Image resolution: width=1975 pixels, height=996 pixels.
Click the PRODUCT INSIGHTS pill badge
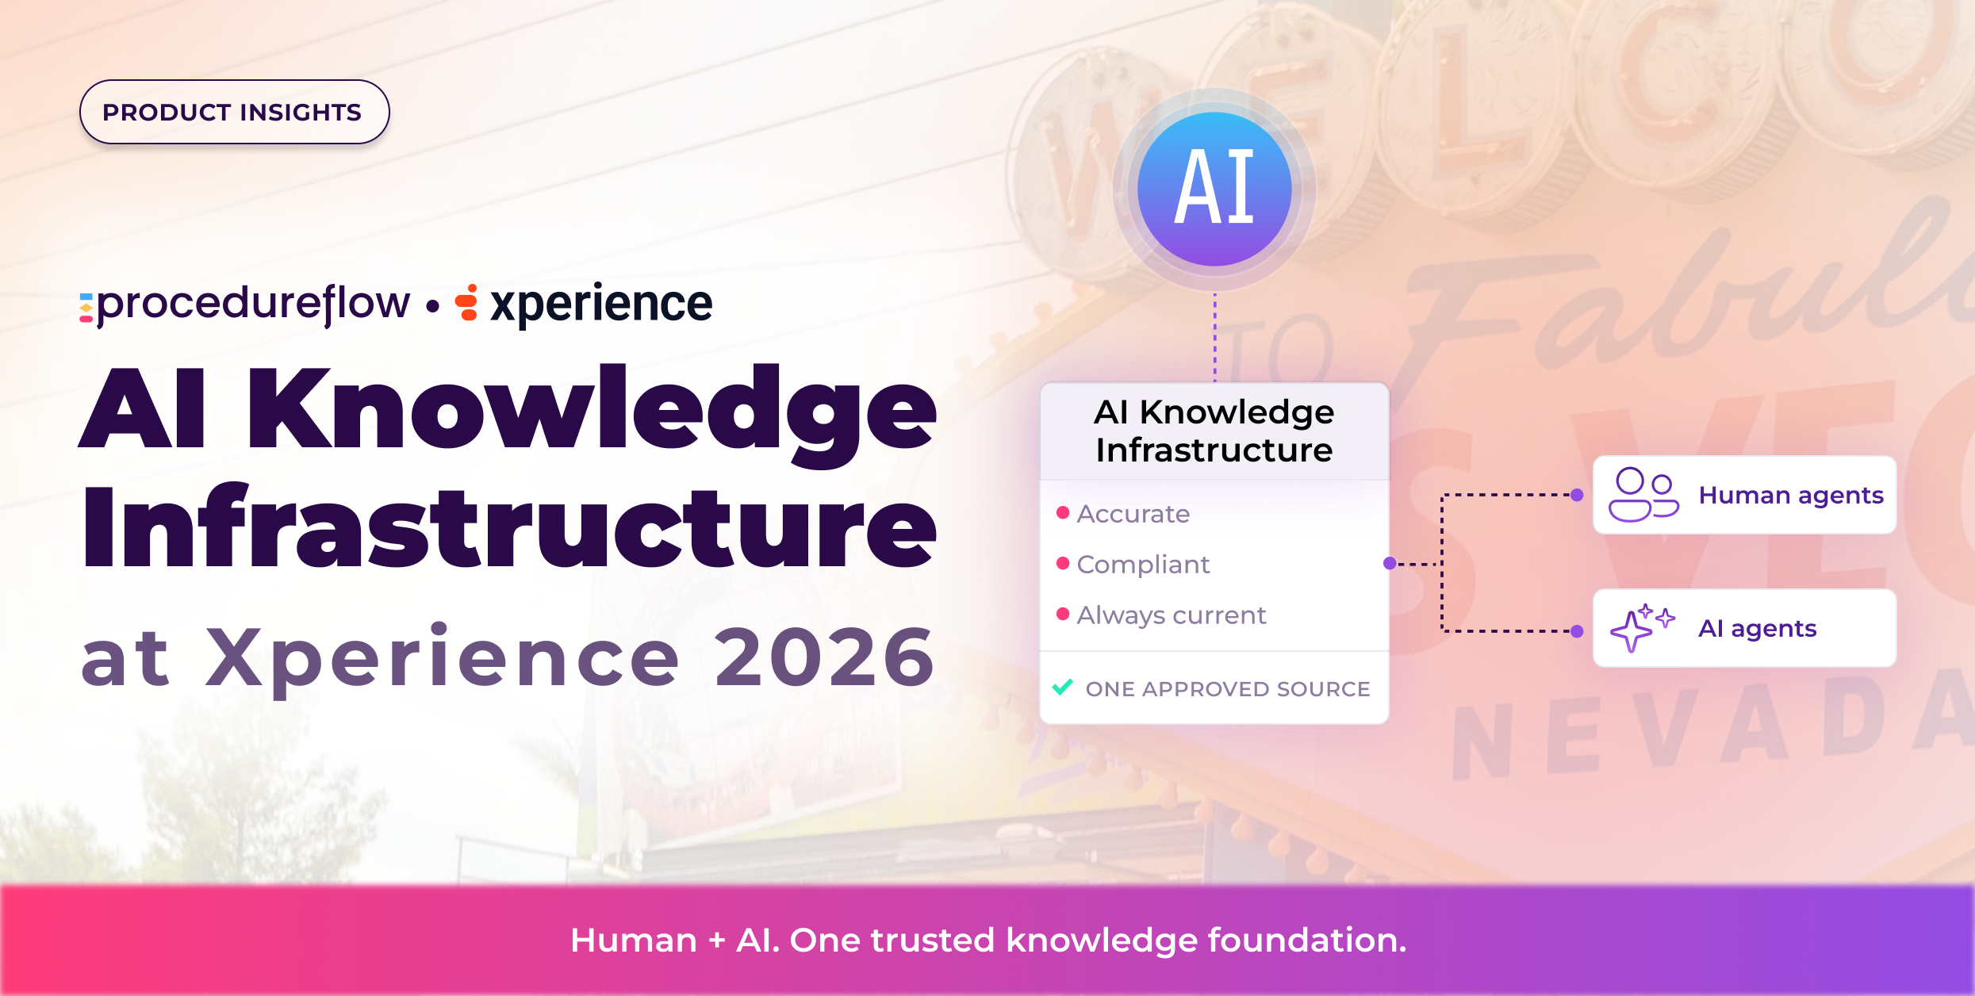[x=235, y=112]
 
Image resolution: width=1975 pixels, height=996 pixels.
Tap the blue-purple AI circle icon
[x=1214, y=189]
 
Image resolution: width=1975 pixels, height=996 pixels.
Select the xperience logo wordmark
[x=601, y=305]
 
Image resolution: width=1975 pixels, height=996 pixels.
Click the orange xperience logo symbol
[x=467, y=302]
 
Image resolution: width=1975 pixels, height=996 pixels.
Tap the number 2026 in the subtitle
[x=825, y=657]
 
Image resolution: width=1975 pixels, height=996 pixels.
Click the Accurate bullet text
[x=1133, y=514]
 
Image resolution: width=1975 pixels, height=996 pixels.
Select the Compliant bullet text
[x=1143, y=565]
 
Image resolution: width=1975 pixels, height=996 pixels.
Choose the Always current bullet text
[x=1172, y=615]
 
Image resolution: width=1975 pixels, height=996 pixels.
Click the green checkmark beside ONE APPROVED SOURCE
[x=1063, y=687]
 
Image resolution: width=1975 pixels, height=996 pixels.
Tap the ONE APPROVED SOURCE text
[x=1228, y=688]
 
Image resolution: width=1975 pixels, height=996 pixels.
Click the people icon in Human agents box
[x=1643, y=495]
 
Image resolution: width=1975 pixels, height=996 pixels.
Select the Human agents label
[x=1791, y=496]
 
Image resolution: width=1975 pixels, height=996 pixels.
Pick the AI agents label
[x=1758, y=629]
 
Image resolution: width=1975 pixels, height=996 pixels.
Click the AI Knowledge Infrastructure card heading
[x=1214, y=431]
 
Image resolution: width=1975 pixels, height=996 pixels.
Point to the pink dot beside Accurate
[x=1063, y=512]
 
